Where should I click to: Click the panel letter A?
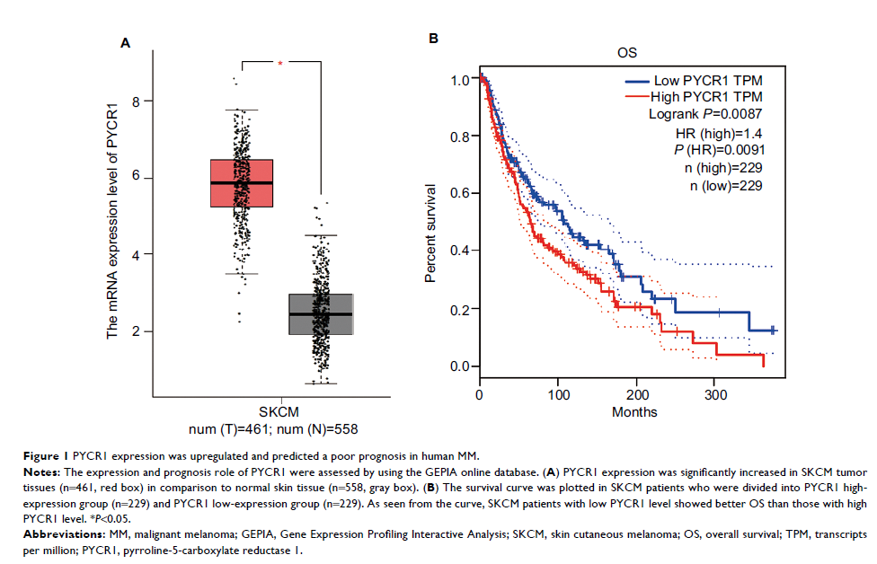click(126, 42)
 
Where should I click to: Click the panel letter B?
click(432, 39)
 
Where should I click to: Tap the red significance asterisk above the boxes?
click(279, 64)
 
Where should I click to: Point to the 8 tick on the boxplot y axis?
click(136, 101)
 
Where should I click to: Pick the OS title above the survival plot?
click(626, 53)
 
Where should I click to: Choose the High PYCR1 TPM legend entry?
click(706, 97)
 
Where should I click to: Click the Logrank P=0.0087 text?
click(706, 114)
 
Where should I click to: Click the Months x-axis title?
click(635, 411)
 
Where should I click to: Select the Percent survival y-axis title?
click(431, 234)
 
